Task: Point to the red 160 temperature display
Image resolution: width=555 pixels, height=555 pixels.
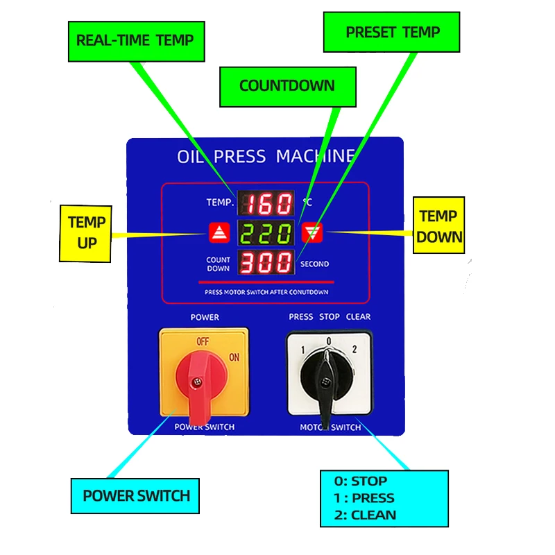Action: click(266, 204)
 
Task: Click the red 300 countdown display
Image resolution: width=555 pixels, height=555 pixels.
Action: click(266, 263)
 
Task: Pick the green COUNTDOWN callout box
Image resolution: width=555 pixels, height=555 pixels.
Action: click(287, 86)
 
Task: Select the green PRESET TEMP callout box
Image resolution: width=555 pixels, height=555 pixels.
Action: click(392, 32)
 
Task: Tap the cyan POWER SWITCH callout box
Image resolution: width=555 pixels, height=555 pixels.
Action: click(136, 496)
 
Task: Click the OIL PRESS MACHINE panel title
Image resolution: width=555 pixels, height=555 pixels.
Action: click(266, 156)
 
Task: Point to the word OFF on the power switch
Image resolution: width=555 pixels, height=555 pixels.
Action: click(203, 341)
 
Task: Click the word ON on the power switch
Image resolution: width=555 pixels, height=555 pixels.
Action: click(234, 357)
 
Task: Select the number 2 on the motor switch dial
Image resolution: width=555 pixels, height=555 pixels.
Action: click(355, 349)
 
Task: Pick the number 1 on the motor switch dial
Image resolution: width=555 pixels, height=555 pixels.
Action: click(303, 350)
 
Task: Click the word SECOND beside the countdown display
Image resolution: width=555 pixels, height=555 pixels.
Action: click(314, 264)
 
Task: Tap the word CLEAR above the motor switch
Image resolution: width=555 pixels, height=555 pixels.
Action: click(358, 316)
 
